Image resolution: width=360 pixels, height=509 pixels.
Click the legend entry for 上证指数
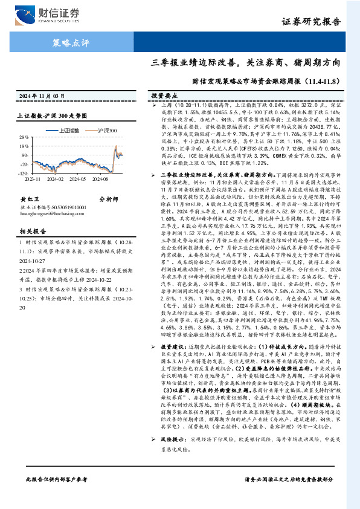[67, 130]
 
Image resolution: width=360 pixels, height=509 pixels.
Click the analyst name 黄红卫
[29, 215]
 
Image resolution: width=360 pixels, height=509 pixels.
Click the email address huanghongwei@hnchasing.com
[53, 229]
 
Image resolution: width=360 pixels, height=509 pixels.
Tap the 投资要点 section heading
[163, 96]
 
